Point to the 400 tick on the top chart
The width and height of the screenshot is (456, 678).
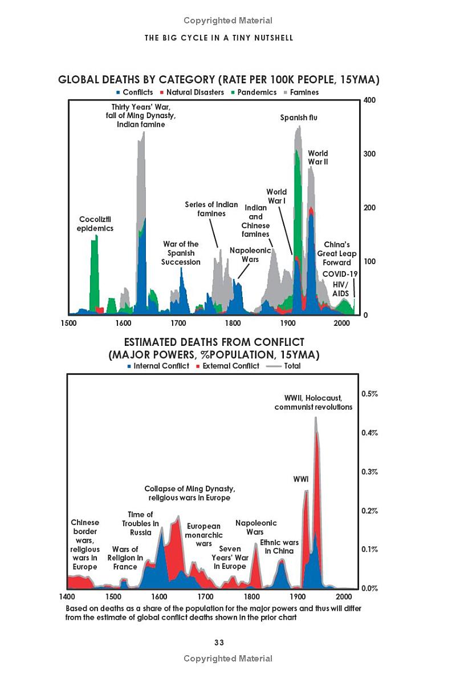point(370,100)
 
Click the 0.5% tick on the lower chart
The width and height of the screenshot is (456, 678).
point(370,394)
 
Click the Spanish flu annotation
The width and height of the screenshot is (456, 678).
point(299,118)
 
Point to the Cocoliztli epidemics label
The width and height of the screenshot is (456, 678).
point(96,224)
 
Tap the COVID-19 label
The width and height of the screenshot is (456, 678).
point(340,274)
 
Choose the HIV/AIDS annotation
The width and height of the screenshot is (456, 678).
point(340,289)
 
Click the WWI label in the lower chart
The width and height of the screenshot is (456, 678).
point(300,479)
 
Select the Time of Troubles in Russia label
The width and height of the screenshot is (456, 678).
point(140,523)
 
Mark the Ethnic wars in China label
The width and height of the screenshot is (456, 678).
point(279,546)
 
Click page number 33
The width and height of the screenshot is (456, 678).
point(219,643)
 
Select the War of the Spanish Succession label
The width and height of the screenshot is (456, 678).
point(181,253)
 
